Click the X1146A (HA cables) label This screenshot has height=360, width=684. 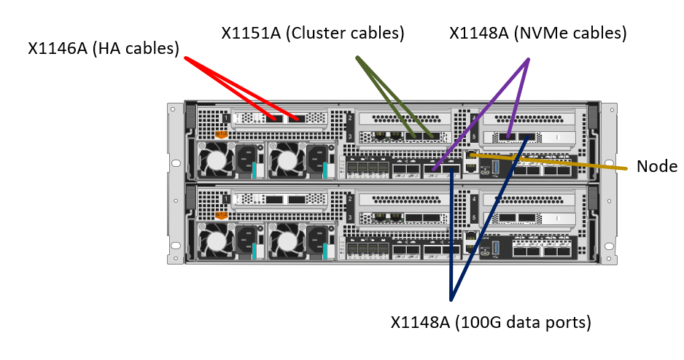(104, 49)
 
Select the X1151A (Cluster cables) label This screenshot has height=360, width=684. (313, 33)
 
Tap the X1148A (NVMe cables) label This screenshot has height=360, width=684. (538, 33)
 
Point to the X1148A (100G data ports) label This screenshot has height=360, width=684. (490, 321)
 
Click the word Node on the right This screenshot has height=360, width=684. (657, 167)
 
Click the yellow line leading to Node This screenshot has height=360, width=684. (554, 162)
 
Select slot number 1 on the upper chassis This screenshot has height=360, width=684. (227, 118)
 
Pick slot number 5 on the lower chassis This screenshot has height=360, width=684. (475, 218)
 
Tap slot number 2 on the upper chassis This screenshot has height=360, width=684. (351, 118)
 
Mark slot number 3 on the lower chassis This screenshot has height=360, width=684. (351, 218)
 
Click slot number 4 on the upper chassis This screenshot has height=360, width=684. (475, 118)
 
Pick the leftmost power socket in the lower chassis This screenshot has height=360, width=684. (245, 237)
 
